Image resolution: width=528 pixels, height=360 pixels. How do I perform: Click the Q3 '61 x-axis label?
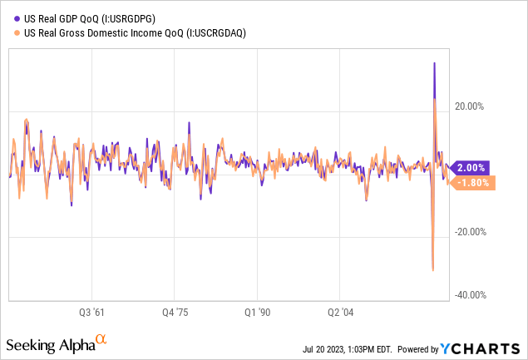pyautogui.click(x=91, y=313)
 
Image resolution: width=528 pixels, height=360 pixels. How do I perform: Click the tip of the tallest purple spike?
pyautogui.click(x=434, y=63)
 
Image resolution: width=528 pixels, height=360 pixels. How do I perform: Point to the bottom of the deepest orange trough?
pyautogui.click(x=432, y=269)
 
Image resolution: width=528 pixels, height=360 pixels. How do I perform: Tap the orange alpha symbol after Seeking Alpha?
pyautogui.click(x=101, y=339)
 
